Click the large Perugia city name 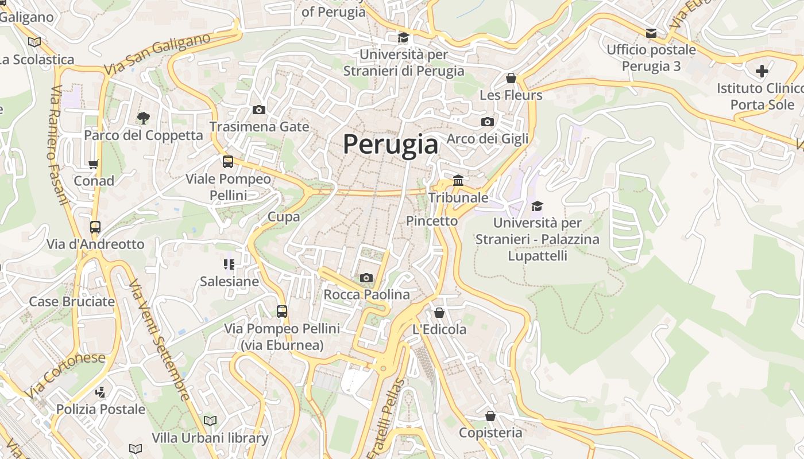click(391, 144)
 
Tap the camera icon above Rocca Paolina click(366, 278)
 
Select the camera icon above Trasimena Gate click(259, 110)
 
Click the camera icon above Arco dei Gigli click(487, 122)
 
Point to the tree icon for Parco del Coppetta click(143, 118)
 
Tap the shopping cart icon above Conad click(94, 165)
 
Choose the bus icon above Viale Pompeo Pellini click(228, 162)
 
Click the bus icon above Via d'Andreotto click(95, 227)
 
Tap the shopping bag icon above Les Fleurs click(511, 78)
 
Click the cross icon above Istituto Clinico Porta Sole click(762, 71)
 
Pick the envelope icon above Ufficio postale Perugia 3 click(651, 33)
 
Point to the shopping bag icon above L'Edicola click(439, 313)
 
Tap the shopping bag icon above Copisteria click(490, 416)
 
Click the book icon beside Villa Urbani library click(210, 421)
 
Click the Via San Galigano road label click(157, 55)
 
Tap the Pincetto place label click(432, 221)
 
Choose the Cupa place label click(284, 217)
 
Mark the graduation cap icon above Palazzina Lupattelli click(537, 206)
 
